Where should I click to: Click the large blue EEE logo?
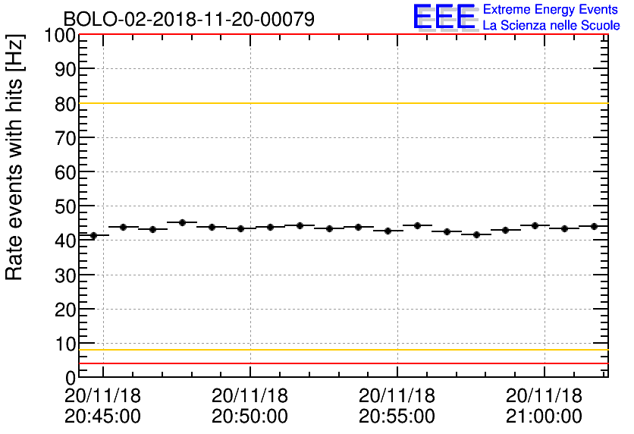point(444,17)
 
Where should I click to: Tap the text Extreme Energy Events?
point(551,10)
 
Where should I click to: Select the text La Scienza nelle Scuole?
point(551,25)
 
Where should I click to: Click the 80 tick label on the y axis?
point(65,104)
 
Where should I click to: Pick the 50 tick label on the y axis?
point(65,206)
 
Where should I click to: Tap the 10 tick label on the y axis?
point(65,343)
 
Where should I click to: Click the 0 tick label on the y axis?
point(70,377)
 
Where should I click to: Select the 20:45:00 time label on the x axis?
point(103,417)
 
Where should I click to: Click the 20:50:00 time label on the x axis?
point(250,417)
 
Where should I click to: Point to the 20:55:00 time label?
point(397,417)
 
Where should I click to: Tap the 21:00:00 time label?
point(545,417)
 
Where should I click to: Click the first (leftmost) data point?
point(93,235)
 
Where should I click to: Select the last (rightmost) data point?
point(594,226)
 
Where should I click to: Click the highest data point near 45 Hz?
point(182,222)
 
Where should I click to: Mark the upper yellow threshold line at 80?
point(341,103)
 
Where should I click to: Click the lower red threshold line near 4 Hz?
point(341,363)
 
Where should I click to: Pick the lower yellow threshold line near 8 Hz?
point(341,350)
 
